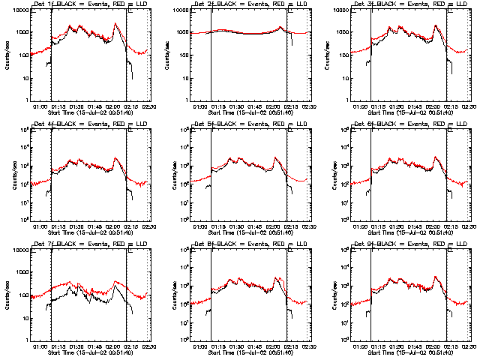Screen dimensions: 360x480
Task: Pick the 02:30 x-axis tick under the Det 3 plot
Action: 466,106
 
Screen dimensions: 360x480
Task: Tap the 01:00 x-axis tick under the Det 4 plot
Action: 40,225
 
